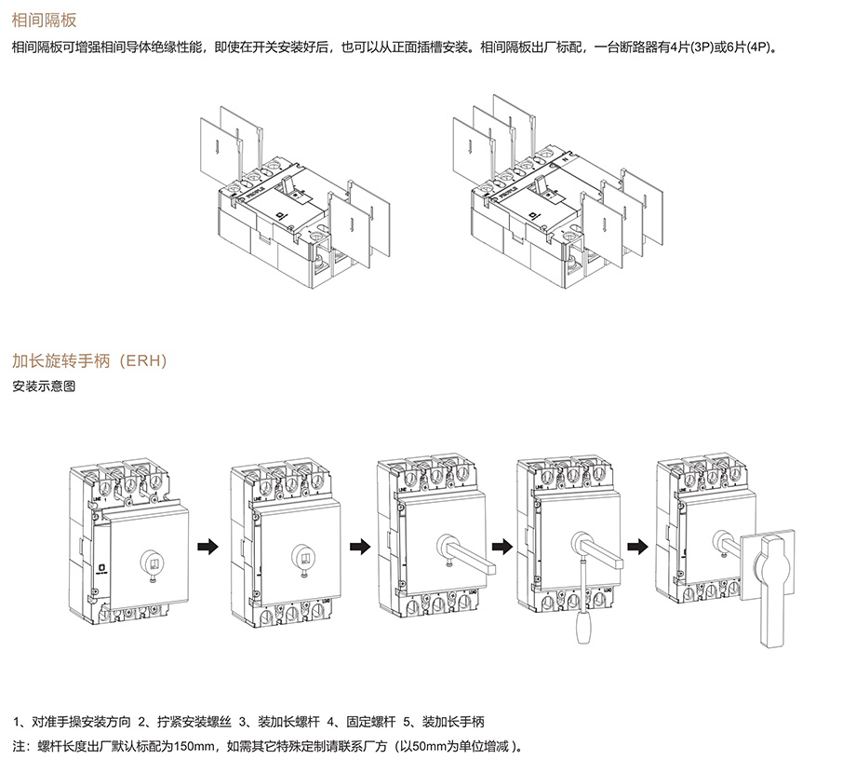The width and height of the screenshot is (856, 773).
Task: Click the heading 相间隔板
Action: click(44, 20)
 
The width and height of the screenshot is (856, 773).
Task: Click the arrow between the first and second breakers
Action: click(212, 546)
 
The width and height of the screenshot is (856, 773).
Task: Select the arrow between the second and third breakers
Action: click(356, 546)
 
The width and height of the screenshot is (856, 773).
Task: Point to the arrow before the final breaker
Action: click(638, 546)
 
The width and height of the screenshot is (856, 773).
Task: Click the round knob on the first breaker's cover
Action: click(151, 561)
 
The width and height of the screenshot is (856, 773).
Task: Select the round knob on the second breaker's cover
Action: click(301, 557)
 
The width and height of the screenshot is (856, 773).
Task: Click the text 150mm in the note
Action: click(194, 747)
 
